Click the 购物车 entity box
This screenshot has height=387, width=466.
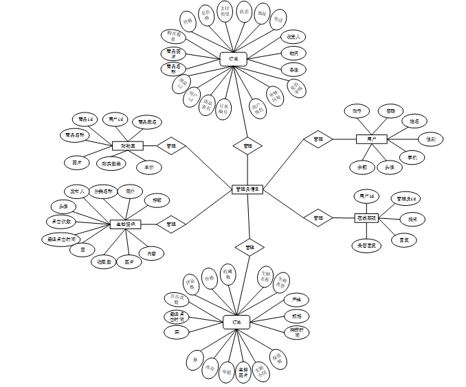[127, 145]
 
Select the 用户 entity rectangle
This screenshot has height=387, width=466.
[371, 139]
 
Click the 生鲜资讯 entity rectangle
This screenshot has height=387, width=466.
[126, 224]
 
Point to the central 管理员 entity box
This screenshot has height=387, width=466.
[247, 189]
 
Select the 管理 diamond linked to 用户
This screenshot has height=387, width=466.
[318, 139]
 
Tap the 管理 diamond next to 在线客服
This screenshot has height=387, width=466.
[318, 218]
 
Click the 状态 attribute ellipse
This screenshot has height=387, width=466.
[244, 12]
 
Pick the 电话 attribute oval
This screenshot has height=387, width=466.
[278, 19]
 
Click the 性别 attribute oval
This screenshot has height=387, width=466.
[430, 139]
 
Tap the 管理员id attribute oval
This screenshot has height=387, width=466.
[404, 198]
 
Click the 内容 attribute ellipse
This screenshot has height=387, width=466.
[151, 253]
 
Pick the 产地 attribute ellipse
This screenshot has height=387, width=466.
[296, 300]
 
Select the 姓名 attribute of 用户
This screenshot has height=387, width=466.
[414, 121]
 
